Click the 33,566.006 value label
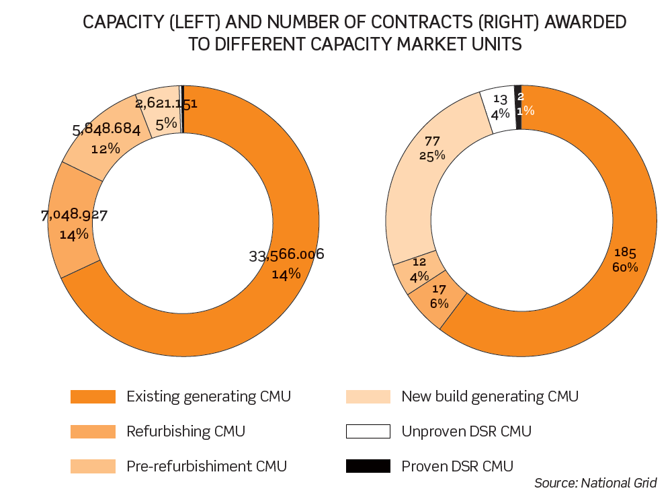coord(287,255)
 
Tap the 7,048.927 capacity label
coord(75,215)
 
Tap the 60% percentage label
coord(625,267)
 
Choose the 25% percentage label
coord(431,155)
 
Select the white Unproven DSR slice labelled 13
coord(498,108)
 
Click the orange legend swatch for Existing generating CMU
coord(93,397)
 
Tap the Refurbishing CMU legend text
coord(185,431)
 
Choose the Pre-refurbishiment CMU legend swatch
coord(93,465)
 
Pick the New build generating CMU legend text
coord(489,397)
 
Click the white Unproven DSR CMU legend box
coord(368,431)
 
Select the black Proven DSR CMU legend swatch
coord(368,465)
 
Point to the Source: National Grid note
coord(595,483)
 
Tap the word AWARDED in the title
coord(585,23)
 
